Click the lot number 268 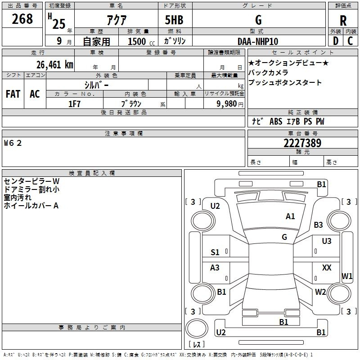coord(22,19)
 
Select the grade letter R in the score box coord(343,21)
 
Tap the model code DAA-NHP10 coord(258,41)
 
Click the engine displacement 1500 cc coord(137,41)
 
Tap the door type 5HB coord(174,20)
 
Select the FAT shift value coord(13,94)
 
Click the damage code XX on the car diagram coord(327,268)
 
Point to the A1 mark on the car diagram coord(290,216)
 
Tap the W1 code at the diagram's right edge coord(347,276)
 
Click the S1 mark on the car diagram coord(215,252)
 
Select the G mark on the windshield coord(284,237)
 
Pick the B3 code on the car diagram coord(319,225)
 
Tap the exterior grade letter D coord(335,41)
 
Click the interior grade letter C coord(351,41)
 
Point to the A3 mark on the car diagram coord(215,268)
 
